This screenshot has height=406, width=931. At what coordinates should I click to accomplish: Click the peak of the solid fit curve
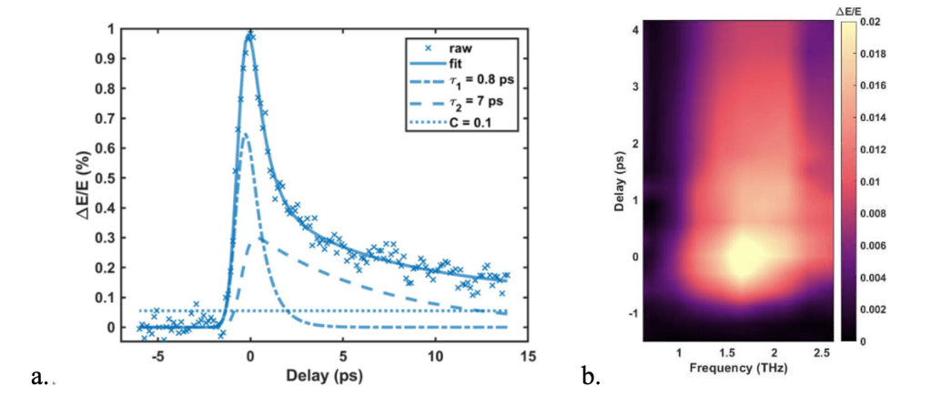coord(248,35)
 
